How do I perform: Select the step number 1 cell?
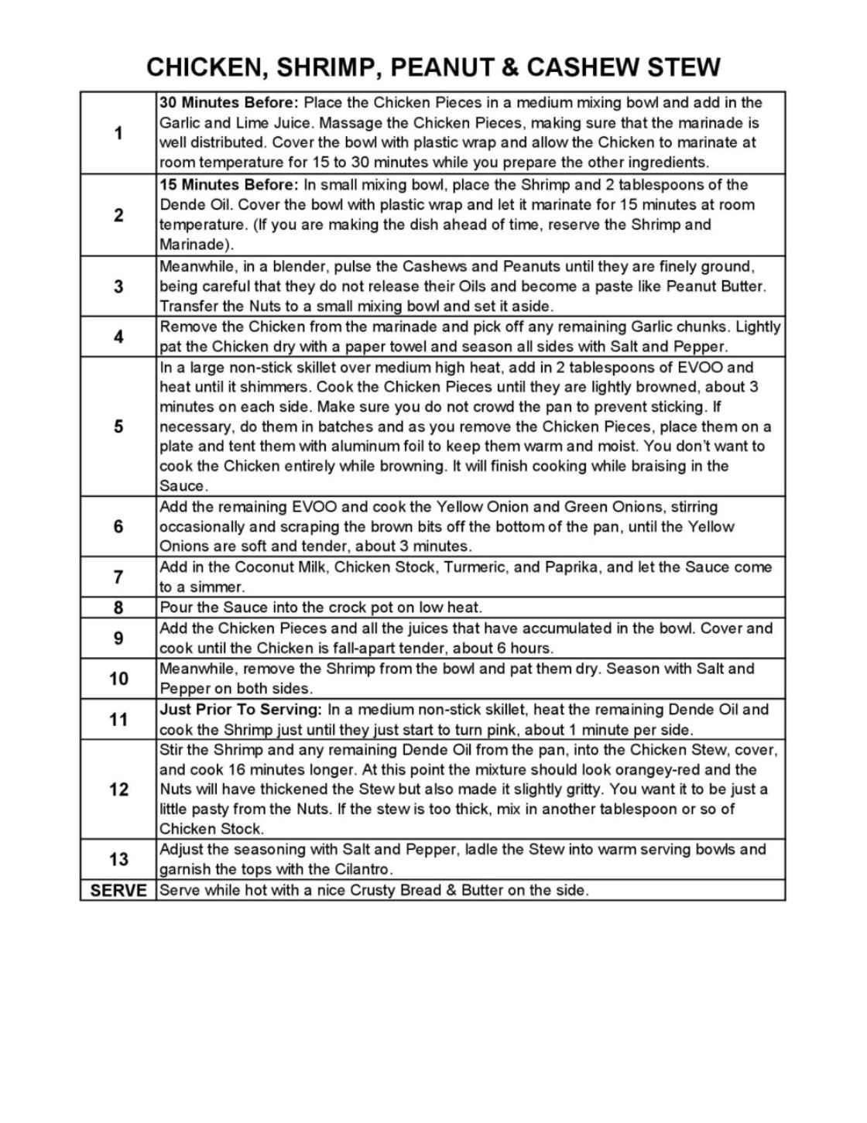(x=118, y=133)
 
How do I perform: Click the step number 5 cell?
(x=118, y=426)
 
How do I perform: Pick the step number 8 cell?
(x=118, y=608)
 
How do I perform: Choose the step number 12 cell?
(x=118, y=789)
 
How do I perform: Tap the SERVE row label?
(x=118, y=890)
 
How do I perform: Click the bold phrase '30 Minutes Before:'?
(x=228, y=103)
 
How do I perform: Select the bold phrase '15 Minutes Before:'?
(x=228, y=185)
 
